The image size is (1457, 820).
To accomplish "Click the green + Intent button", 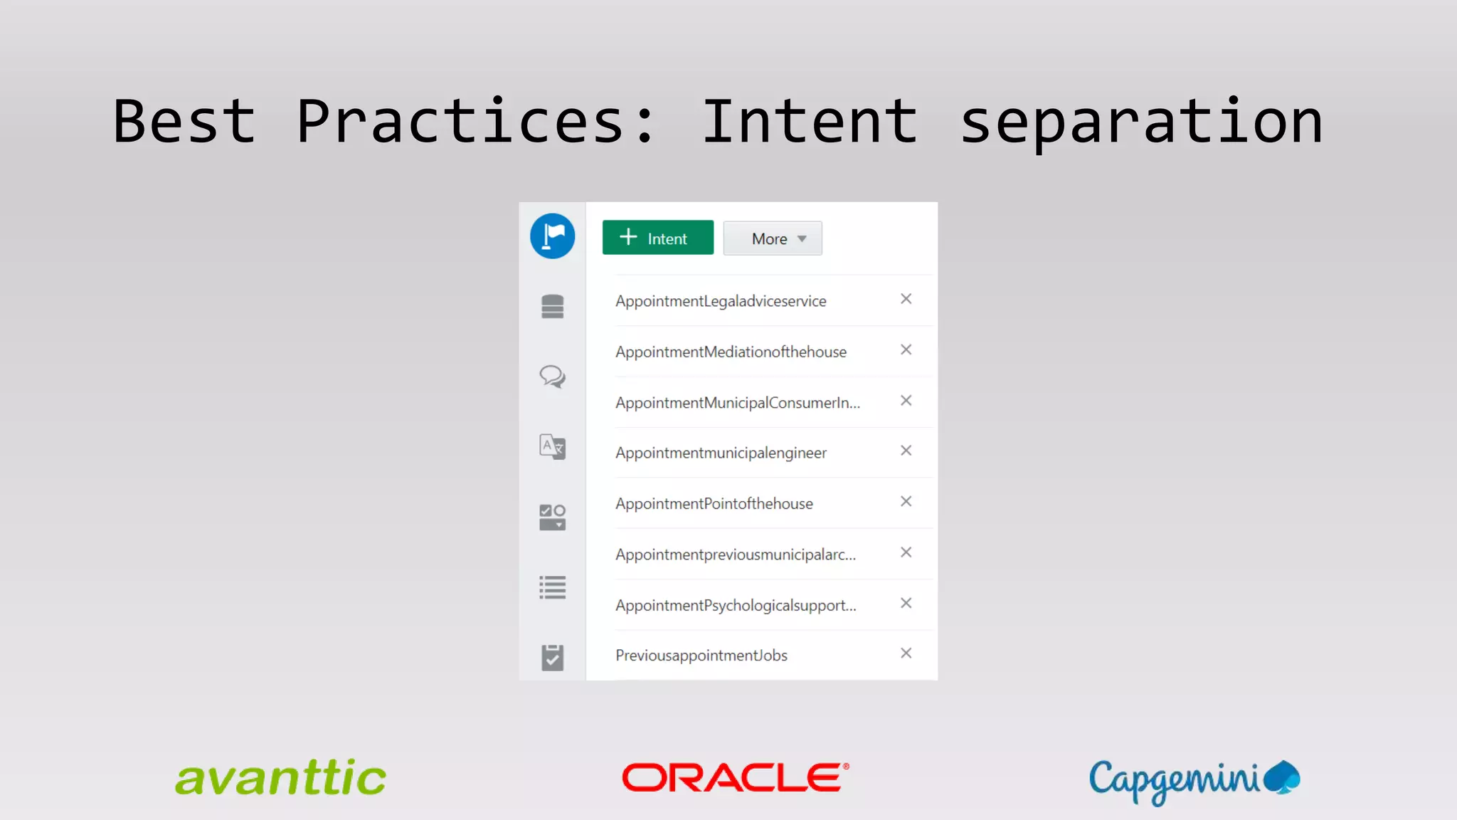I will tap(657, 238).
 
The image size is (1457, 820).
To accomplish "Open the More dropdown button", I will tap(773, 238).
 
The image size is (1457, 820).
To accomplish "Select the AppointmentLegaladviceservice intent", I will tap(721, 301).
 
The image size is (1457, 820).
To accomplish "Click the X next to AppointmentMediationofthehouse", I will tap(906, 349).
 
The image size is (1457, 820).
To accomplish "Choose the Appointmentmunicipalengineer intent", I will tap(721, 453).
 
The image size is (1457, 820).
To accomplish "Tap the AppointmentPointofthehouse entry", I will tap(714, 504).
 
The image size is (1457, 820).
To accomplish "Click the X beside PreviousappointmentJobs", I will tap(906, 653).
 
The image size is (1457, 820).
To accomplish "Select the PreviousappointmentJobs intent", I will tap(701, 656).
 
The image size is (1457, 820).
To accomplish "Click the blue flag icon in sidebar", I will tap(552, 236).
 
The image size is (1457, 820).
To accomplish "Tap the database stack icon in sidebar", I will tap(552, 307).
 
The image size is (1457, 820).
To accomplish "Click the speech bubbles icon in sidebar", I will tap(552, 377).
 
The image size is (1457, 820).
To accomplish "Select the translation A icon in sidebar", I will tap(552, 447).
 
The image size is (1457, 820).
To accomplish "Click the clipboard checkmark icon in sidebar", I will tap(552, 658).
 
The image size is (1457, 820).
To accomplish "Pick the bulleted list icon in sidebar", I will tap(552, 588).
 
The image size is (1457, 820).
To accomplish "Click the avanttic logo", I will tap(280, 778).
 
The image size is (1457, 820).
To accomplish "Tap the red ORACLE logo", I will tap(735, 777).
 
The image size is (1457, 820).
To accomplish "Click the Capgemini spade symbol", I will tap(1283, 777).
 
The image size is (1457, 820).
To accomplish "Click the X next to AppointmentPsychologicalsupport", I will tap(906, 603).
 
